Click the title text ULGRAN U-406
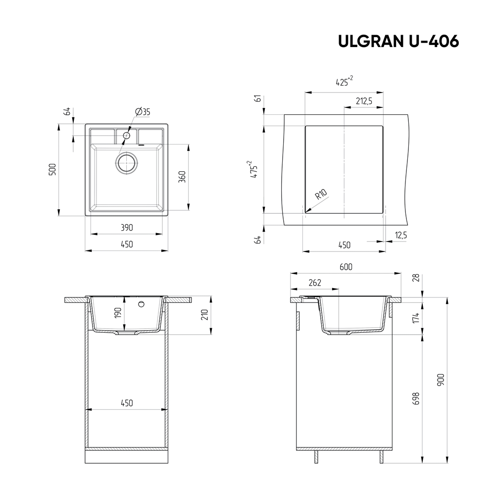point(398,42)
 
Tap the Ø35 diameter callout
point(143,112)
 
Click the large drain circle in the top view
point(127,162)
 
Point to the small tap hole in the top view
point(126,135)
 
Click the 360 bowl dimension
point(182,177)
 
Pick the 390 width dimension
point(127,228)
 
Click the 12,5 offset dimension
point(400,236)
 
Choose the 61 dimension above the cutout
point(257,99)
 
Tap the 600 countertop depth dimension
point(346,267)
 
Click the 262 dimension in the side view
point(314,283)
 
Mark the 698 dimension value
point(416,399)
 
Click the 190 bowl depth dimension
point(118,313)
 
